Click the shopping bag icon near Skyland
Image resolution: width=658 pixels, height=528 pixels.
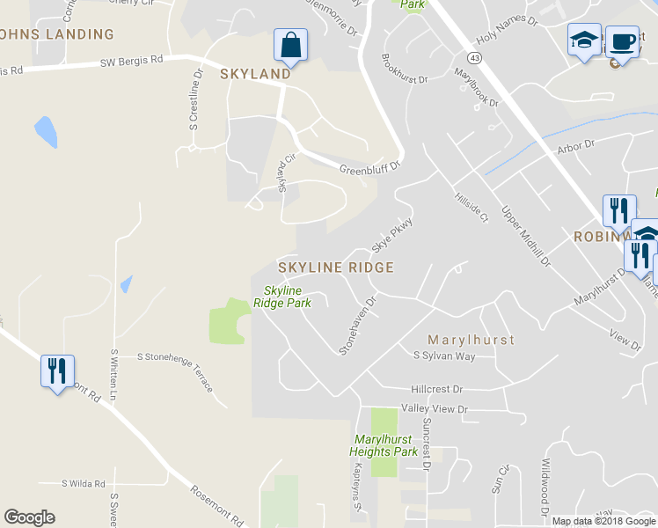coord(289,44)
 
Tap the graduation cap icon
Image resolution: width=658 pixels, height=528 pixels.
coord(584,40)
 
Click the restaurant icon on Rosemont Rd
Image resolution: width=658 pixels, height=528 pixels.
coord(57,371)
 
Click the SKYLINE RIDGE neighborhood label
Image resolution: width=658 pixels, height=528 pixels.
coord(335,266)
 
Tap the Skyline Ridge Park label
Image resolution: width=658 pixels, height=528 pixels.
coord(282,297)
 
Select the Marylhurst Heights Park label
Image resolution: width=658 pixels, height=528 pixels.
coord(383,445)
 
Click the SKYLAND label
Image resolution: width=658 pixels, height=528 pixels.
coord(255,74)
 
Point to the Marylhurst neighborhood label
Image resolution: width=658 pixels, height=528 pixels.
coord(470,339)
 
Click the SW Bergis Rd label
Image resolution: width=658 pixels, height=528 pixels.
coord(132,62)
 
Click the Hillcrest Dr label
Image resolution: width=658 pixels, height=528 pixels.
coord(436,388)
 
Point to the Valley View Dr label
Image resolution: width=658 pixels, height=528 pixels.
coord(435,409)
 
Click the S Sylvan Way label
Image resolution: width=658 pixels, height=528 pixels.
coord(444,356)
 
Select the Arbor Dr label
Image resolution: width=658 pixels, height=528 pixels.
coord(576,143)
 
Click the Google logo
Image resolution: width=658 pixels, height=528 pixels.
coord(29,517)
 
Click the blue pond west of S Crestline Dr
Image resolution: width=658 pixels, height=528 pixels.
coord(46,132)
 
